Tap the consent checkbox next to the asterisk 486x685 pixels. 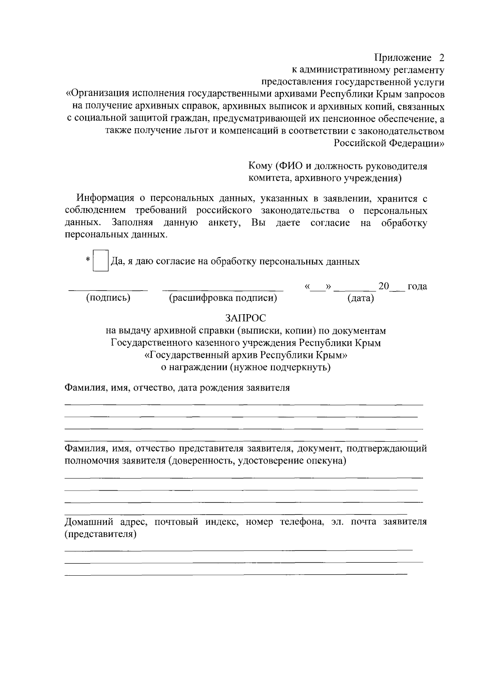(x=101, y=261)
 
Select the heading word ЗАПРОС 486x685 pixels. (x=246, y=318)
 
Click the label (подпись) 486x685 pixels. (x=108, y=298)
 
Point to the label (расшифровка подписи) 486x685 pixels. (x=223, y=298)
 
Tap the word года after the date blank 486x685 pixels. (x=417, y=287)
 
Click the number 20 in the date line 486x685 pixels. (x=384, y=286)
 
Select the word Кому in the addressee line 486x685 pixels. (x=260, y=166)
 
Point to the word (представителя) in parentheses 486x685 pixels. (x=100, y=534)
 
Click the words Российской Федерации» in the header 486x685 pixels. (x=389, y=143)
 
